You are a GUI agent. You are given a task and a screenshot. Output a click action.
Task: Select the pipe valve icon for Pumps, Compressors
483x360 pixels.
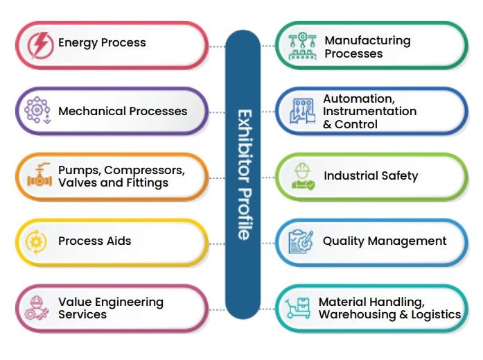(x=37, y=177)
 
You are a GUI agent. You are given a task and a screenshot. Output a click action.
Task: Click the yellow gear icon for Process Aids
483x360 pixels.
(x=36, y=241)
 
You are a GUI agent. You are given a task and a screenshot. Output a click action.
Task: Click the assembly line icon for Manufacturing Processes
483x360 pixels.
(x=301, y=46)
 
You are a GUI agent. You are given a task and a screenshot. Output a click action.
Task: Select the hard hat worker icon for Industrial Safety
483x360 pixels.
(x=301, y=177)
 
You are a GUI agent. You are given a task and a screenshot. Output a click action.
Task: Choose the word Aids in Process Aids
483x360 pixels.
(x=118, y=241)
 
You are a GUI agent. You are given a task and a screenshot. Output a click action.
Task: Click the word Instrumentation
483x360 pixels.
(x=369, y=112)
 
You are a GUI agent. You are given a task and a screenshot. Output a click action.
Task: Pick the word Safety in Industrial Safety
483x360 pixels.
(x=400, y=175)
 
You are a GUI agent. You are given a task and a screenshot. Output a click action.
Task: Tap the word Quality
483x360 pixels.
(x=344, y=241)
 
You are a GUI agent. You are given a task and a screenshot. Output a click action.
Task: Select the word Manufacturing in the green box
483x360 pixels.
(x=367, y=41)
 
